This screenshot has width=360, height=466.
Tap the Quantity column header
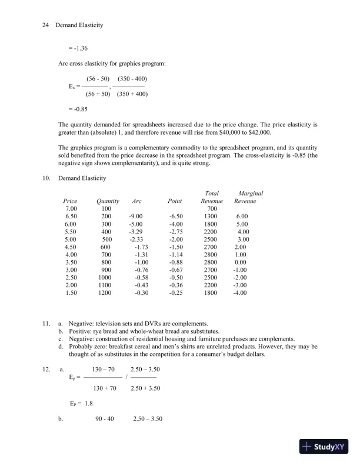point(107,201)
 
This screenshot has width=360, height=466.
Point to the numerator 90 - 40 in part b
point(104,418)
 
